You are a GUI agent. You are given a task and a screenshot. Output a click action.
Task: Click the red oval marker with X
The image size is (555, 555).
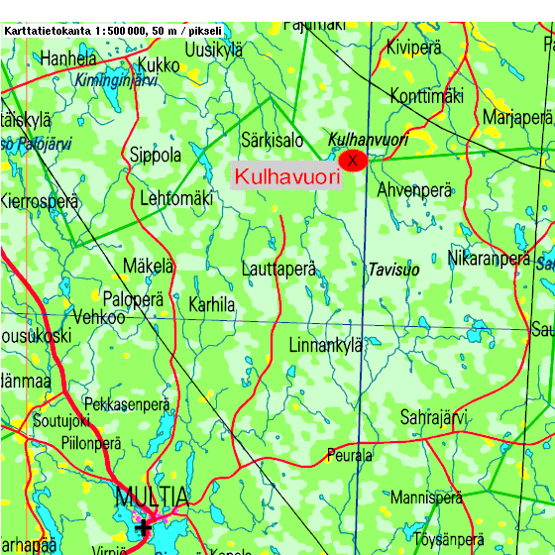point(352,160)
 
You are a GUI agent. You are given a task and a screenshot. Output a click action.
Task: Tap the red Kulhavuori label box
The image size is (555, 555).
point(285,176)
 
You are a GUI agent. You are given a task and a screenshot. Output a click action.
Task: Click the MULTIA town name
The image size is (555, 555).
point(150,496)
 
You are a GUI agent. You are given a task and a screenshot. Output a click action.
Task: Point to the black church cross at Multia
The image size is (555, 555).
point(144,526)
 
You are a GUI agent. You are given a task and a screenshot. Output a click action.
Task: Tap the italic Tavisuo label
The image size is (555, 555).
point(393,270)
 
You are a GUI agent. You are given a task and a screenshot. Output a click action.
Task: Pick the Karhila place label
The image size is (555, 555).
point(212,305)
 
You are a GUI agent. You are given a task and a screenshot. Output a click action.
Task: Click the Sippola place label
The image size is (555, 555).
point(156,156)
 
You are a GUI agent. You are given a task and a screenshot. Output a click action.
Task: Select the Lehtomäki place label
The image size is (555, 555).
point(176,198)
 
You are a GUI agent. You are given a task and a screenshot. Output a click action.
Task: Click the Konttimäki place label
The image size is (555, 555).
point(427,96)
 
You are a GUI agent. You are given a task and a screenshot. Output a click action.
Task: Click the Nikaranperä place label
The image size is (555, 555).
point(489,259)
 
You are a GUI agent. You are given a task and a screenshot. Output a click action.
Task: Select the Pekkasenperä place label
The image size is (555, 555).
point(127,404)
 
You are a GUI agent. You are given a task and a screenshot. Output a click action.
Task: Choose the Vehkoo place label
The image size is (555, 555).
point(100,318)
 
